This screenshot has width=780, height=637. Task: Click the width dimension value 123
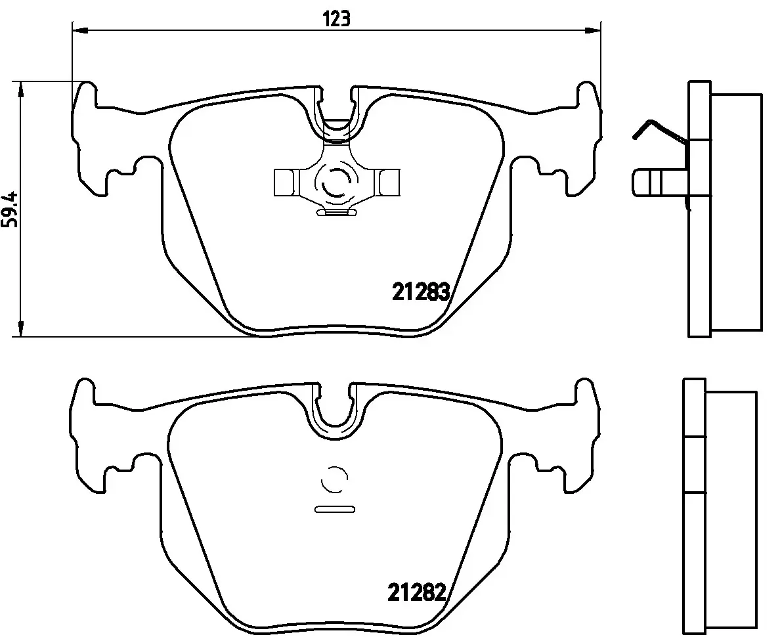click(x=337, y=20)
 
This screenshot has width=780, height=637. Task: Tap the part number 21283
click(x=421, y=292)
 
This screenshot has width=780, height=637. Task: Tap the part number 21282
click(x=416, y=592)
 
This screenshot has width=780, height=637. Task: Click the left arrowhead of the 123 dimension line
click(x=80, y=31)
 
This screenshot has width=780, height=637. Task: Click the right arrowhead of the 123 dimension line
click(x=593, y=31)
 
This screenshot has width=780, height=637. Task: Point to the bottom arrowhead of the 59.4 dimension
click(x=20, y=328)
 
